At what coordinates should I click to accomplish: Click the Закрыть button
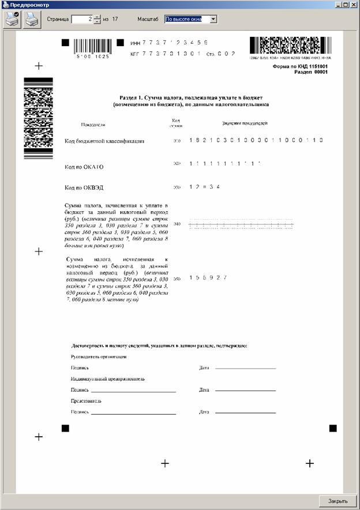click(337, 501)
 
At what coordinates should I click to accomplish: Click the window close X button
click(354, 5)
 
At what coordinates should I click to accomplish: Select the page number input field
click(81, 20)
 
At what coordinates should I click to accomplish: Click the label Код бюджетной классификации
click(104, 141)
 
